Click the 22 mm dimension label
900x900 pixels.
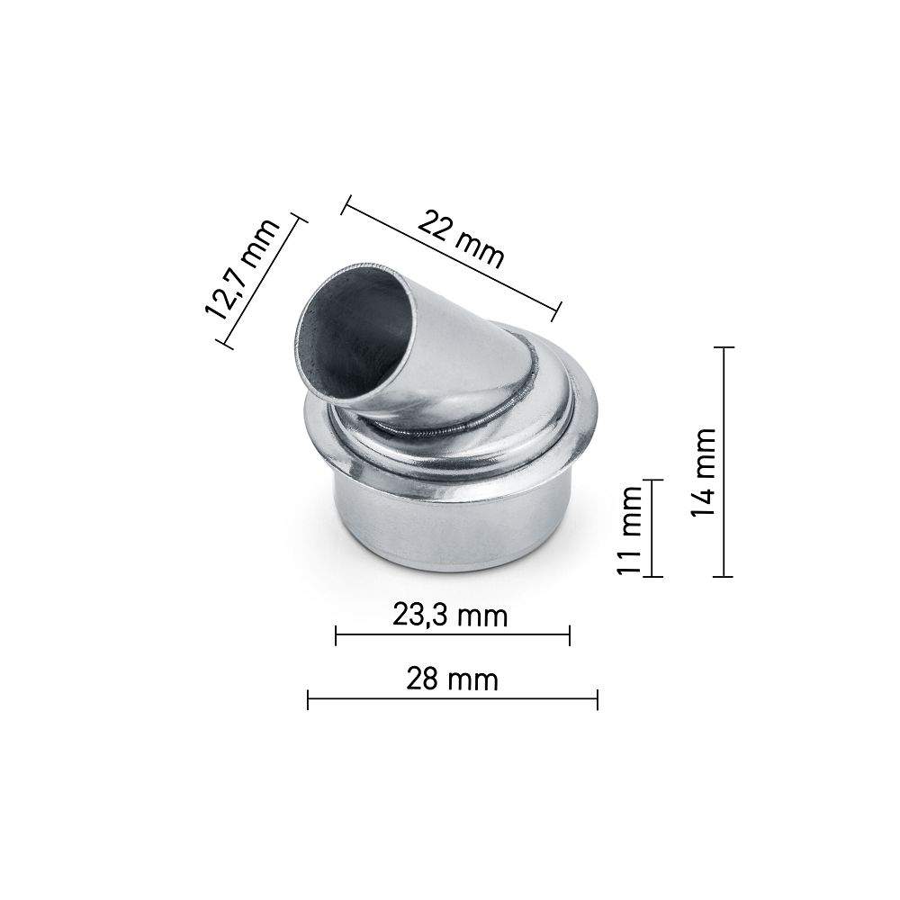pyautogui.click(x=462, y=242)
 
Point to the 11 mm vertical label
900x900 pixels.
pyautogui.click(x=633, y=530)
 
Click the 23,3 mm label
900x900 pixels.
pyautogui.click(x=450, y=616)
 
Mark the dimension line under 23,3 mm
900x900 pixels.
pyautogui.click(x=453, y=636)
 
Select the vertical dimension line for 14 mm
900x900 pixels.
pyautogui.click(x=725, y=461)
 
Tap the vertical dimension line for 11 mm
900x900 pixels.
pyautogui.click(x=655, y=528)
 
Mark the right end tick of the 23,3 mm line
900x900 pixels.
pyautogui.click(x=570, y=636)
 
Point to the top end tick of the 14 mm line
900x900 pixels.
pyautogui.click(x=725, y=346)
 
